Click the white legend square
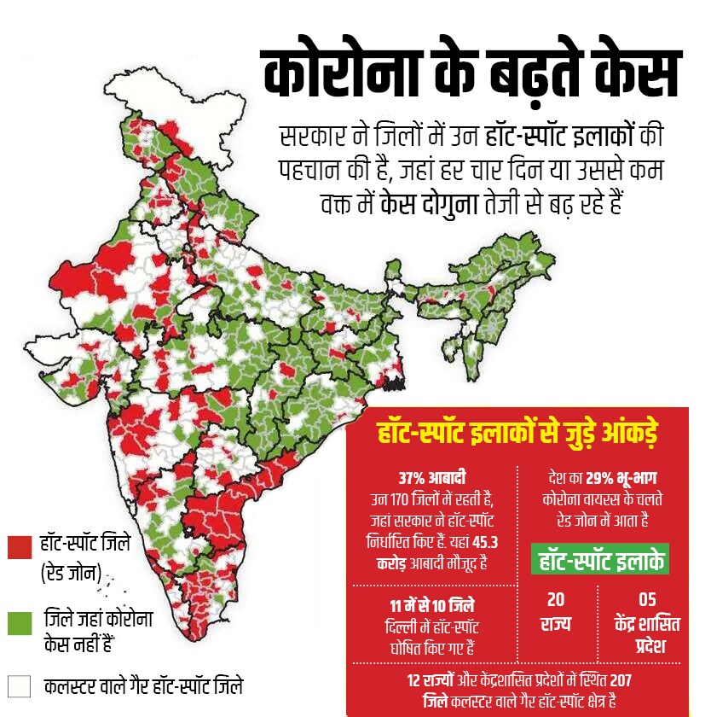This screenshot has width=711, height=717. click(19, 685)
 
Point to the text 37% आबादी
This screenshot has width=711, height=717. click(433, 477)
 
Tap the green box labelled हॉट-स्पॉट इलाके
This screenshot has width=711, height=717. click(600, 560)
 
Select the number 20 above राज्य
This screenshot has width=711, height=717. click(555, 600)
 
